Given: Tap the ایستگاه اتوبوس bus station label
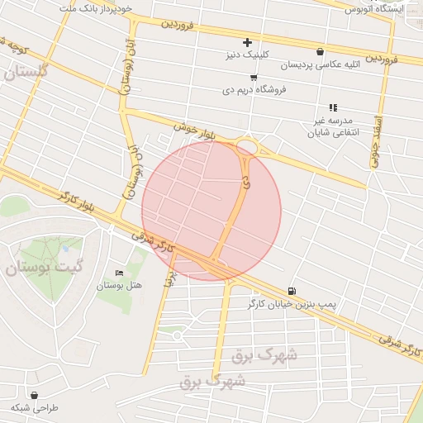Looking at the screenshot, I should (x=372, y=8).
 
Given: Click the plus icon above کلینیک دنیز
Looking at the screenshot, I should (x=247, y=42).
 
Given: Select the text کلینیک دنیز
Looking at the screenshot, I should (x=248, y=55).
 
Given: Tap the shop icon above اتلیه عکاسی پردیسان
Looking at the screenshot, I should (x=320, y=51).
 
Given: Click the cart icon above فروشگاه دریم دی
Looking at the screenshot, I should (x=253, y=77).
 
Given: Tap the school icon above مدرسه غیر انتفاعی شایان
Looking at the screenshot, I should (x=332, y=107).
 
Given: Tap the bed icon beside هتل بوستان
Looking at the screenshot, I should (x=120, y=273).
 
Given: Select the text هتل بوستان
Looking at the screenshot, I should (x=120, y=286).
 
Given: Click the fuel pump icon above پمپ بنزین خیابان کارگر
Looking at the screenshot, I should (x=292, y=291).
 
